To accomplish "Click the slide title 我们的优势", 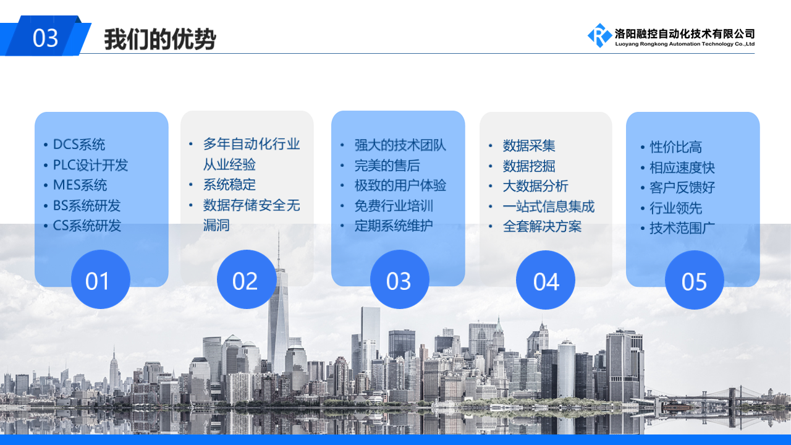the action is pos(159,39).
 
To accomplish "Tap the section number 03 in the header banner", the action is pos(45,38).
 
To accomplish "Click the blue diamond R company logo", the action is pos(599,35).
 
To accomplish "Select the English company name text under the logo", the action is pos(685,44).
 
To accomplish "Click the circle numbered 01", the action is pos(101,279).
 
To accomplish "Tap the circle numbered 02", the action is pos(247,279).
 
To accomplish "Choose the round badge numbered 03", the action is pos(400,279).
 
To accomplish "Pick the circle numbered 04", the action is pos(546,280).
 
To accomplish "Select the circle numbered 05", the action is pos(695,280).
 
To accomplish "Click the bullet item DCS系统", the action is pos(78,145).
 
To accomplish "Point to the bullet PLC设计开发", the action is pos(90,165).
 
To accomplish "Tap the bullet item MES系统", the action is pos(80,185).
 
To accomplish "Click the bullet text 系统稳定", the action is pos(229,184).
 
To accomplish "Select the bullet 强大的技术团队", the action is pos(400,145).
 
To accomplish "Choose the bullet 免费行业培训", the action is pos(394,206).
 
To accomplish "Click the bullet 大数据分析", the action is pos(535,186).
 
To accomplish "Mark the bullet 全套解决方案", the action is pos(542,226).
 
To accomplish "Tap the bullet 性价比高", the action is pos(676,147).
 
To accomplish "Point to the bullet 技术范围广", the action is pos(682,228).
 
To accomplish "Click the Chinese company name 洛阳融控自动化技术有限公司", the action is pos(685,34).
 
